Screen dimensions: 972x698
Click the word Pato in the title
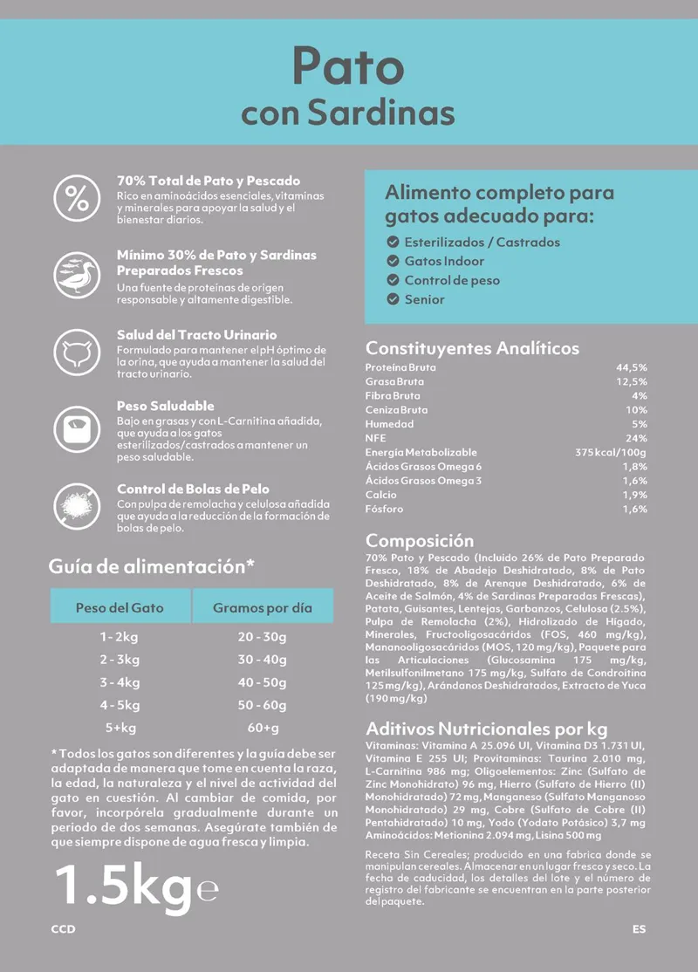pos(347,66)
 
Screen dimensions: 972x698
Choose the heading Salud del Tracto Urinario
pos(196,334)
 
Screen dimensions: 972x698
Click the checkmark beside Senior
pos(393,299)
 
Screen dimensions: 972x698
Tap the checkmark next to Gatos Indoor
pos(393,261)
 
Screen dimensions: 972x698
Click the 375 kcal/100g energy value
pos(610,452)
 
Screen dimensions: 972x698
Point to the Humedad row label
pos(389,424)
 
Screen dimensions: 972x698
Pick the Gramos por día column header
pos(262,607)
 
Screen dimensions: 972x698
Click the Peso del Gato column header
pos(120,607)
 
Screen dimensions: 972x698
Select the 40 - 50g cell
pos(262,682)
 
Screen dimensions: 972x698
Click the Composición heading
pos(420,541)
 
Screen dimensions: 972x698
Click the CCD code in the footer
pos(63,929)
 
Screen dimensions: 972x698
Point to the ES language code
pos(639,929)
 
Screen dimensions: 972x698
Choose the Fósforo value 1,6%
pos(634,509)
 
